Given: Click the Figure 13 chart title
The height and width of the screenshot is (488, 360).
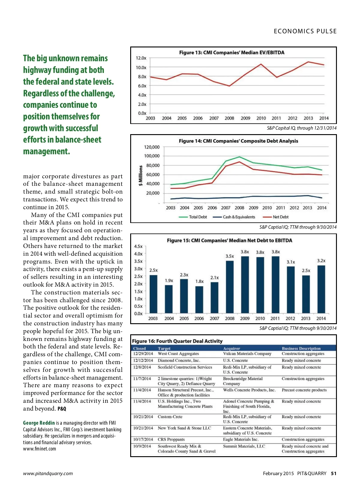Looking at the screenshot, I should click(232, 53).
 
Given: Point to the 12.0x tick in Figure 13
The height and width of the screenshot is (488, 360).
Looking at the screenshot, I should click(141, 58).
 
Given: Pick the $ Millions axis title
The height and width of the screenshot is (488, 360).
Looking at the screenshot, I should click(140, 176).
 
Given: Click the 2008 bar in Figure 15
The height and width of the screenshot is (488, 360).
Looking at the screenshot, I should click(230, 287).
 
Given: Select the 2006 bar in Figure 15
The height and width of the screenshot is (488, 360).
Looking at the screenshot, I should click(199, 300).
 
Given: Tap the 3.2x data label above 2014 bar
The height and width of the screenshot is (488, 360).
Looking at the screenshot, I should click(321, 261).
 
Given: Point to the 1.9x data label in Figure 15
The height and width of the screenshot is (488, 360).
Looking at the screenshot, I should click(169, 280).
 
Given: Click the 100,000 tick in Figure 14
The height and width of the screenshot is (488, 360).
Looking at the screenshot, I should click(152, 156).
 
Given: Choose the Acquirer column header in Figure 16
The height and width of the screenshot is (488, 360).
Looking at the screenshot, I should click(232, 348).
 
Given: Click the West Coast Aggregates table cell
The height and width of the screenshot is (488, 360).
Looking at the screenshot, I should click(178, 354).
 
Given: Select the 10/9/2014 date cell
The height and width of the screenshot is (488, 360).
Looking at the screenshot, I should click(142, 446).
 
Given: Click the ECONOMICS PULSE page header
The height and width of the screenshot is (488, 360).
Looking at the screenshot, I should click(305, 31).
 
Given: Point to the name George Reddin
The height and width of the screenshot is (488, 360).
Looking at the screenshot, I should click(39, 423).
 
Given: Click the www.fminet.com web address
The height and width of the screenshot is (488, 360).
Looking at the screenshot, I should click(40, 449).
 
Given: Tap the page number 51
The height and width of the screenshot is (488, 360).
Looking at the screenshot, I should click(334, 473).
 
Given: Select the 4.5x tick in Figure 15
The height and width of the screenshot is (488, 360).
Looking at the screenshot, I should click(138, 246).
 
